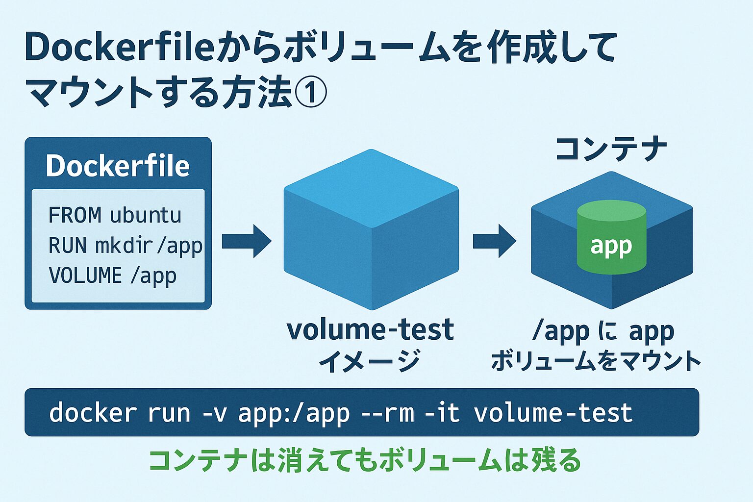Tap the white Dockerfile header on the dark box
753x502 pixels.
pyautogui.click(x=118, y=166)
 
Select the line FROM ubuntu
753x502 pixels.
pyautogui.click(x=115, y=215)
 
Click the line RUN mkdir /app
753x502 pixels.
pyautogui.click(x=125, y=246)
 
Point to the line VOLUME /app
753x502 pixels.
pyautogui.click(x=112, y=276)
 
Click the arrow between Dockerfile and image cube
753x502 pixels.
pyautogui.click(x=246, y=241)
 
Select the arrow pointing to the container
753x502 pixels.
pyautogui.click(x=494, y=241)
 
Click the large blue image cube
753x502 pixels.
pyautogui.click(x=371, y=230)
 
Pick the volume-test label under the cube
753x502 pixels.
pyautogui.click(x=370, y=329)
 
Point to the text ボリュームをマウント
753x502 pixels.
pyautogui.click(x=596, y=361)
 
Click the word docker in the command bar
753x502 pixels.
pyautogui.click(x=93, y=413)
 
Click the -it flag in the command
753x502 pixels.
pyautogui.click(x=442, y=413)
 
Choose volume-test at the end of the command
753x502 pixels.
pyautogui.click(x=553, y=413)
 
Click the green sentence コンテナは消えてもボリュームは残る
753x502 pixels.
pyautogui.click(x=365, y=460)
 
